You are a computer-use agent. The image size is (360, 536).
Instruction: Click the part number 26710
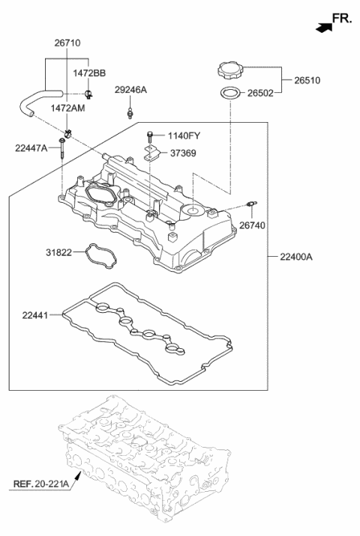point(67,43)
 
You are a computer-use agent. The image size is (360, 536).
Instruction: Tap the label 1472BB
point(89,73)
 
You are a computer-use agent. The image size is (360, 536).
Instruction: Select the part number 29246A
point(130,90)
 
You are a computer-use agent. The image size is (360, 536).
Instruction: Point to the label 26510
point(307,80)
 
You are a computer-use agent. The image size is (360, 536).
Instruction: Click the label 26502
point(260,93)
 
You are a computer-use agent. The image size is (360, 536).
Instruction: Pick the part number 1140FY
point(184,135)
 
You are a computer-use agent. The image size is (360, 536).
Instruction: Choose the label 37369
point(183,153)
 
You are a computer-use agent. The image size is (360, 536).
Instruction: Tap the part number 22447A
point(31,148)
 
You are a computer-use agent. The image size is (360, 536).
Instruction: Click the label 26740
point(252,225)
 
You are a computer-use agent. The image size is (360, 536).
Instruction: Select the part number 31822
point(59,252)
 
